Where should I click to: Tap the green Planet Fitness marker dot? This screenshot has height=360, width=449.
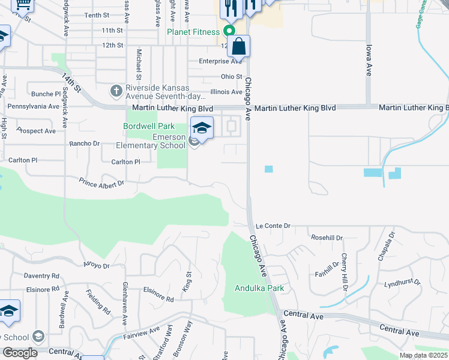pyautogui.click(x=229, y=31)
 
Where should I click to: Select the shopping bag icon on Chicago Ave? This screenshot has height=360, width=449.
pyautogui.click(x=238, y=47)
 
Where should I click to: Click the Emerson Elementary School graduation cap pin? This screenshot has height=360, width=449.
pyautogui.click(x=202, y=128)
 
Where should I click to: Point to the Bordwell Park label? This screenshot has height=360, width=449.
pyautogui.click(x=149, y=126)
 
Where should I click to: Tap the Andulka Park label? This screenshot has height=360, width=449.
pyautogui.click(x=259, y=288)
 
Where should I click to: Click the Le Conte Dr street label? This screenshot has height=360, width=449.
pyautogui.click(x=273, y=226)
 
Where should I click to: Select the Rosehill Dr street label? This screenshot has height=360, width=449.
pyautogui.click(x=327, y=238)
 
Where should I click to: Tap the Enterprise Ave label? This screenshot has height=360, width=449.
pyautogui.click(x=221, y=61)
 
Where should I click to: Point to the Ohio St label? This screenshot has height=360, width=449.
pyautogui.click(x=231, y=77)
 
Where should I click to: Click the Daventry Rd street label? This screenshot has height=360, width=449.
pyautogui.click(x=41, y=276)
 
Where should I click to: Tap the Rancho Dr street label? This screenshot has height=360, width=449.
pyautogui.click(x=84, y=143)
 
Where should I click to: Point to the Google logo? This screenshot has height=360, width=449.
pyautogui.click(x=20, y=352)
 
